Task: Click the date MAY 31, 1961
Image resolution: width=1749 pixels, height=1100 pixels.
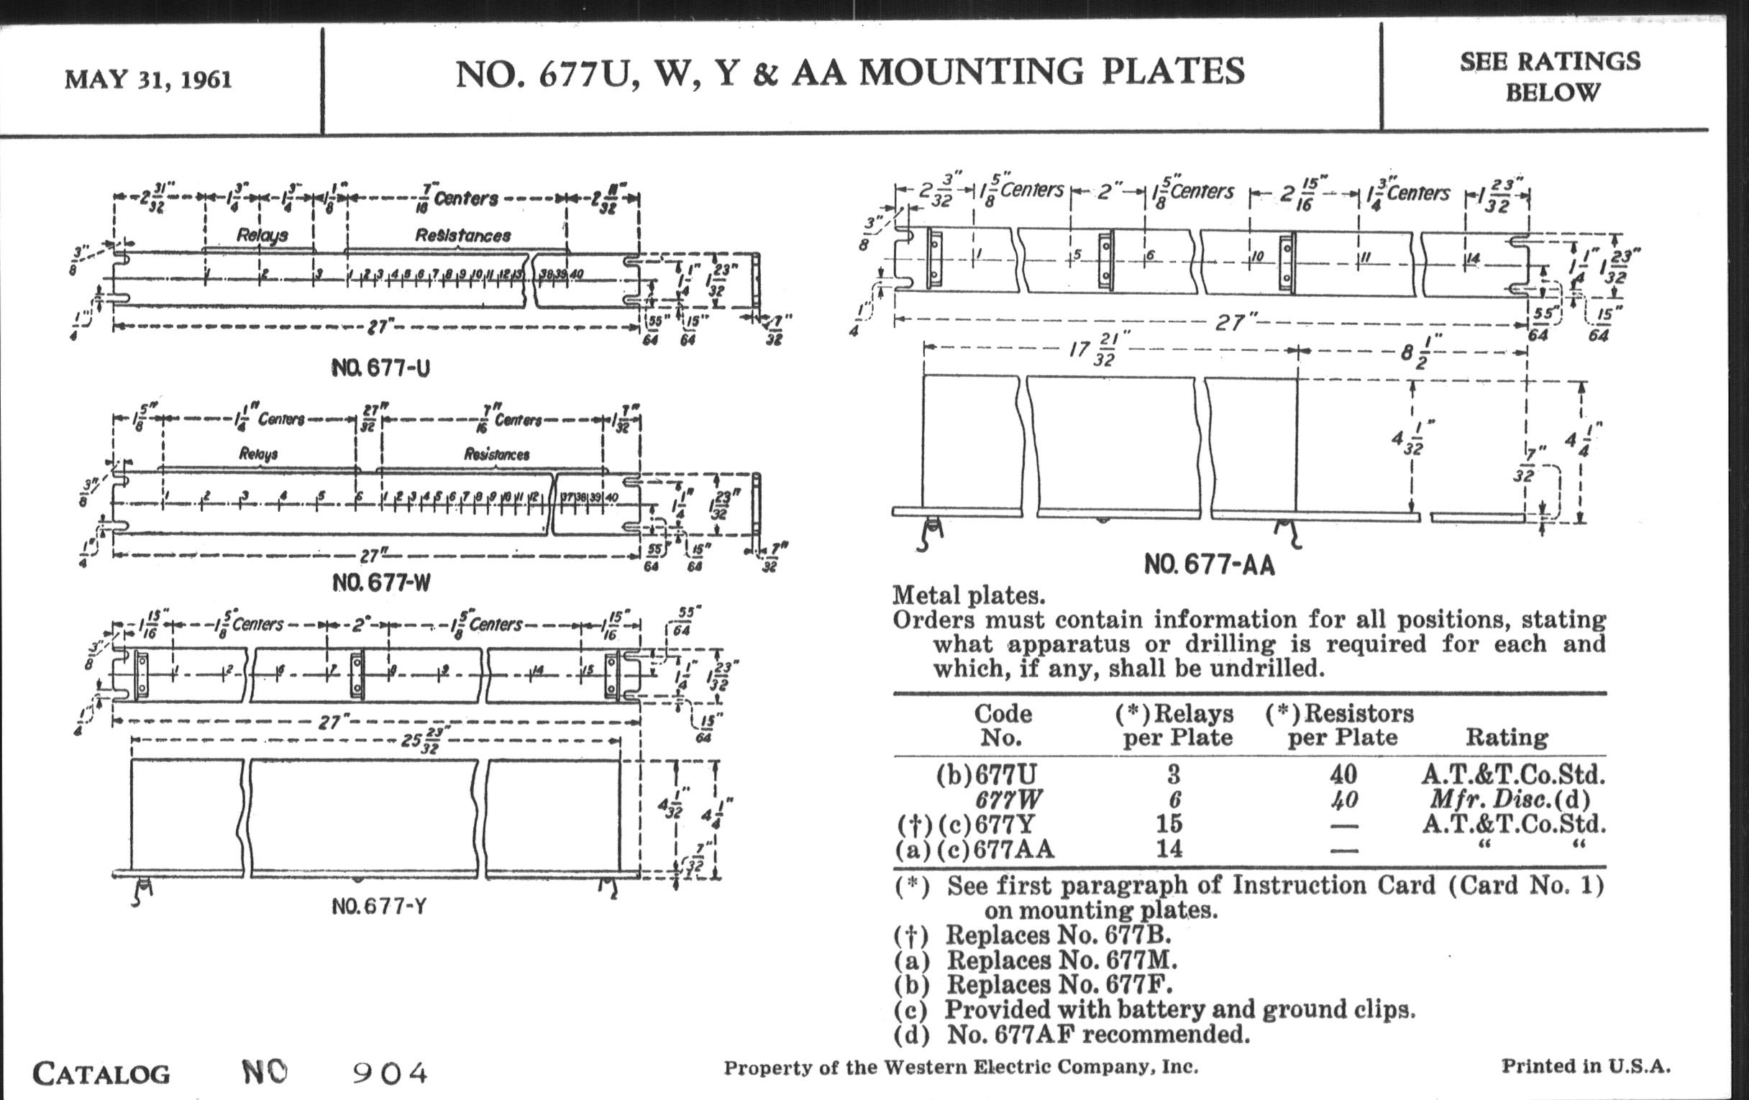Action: pos(148,79)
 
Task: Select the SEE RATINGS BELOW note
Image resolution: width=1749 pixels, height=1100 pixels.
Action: pos(1551,76)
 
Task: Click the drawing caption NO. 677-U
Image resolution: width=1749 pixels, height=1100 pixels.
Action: pos(380,368)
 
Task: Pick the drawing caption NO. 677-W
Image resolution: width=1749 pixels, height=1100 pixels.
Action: pos(381,582)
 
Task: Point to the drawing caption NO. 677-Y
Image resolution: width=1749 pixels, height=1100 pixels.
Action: pos(378,906)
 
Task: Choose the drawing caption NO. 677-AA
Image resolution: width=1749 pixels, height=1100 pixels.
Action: pos(1210,564)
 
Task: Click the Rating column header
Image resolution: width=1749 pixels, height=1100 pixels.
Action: pos(1507,738)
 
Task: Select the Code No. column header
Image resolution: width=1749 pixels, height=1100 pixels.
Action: pos(1003,725)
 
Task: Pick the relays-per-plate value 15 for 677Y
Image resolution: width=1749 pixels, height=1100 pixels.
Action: pos(1169,823)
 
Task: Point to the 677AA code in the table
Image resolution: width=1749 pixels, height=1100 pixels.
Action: pos(1013,848)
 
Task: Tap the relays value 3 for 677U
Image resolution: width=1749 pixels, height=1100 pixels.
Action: pos(1173,775)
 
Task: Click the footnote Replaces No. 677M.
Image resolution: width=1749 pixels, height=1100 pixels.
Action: pos(1061,960)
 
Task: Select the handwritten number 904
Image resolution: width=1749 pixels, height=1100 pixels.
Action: pos(390,1073)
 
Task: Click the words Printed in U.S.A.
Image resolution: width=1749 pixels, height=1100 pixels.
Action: pos(1586,1066)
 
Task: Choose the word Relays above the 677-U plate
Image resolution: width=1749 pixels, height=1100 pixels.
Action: pos(262,235)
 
